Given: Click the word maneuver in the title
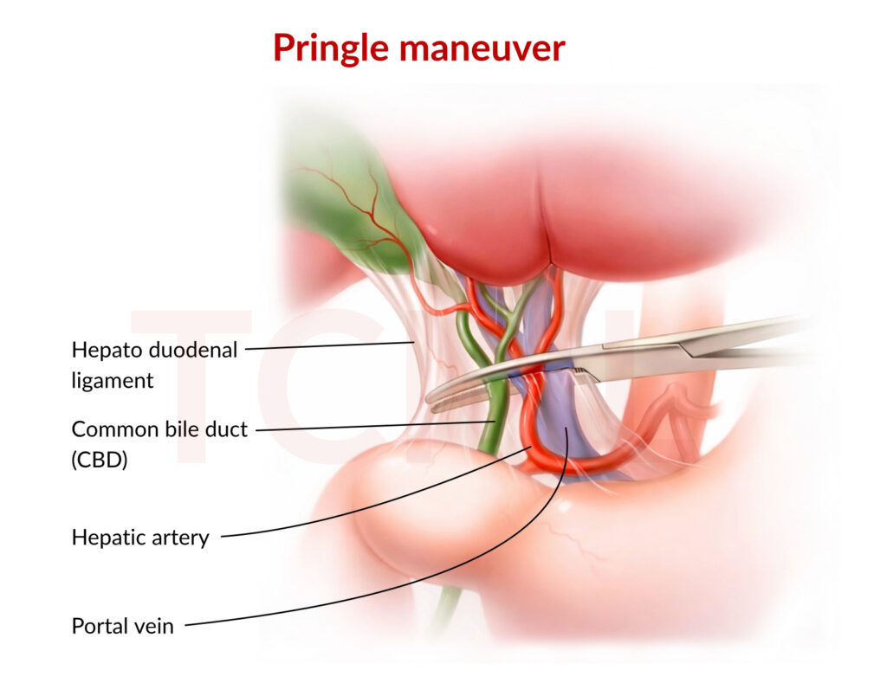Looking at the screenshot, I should click(482, 48).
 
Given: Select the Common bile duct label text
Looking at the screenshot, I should click(159, 429).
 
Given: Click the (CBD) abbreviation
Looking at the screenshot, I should click(100, 461).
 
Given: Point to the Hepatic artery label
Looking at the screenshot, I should click(140, 538).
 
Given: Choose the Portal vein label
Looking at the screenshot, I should click(122, 625).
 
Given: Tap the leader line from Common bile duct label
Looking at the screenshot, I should click(372, 426).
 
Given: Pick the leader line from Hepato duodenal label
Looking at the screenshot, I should click(329, 346).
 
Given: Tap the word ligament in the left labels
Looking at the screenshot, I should click(113, 380).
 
